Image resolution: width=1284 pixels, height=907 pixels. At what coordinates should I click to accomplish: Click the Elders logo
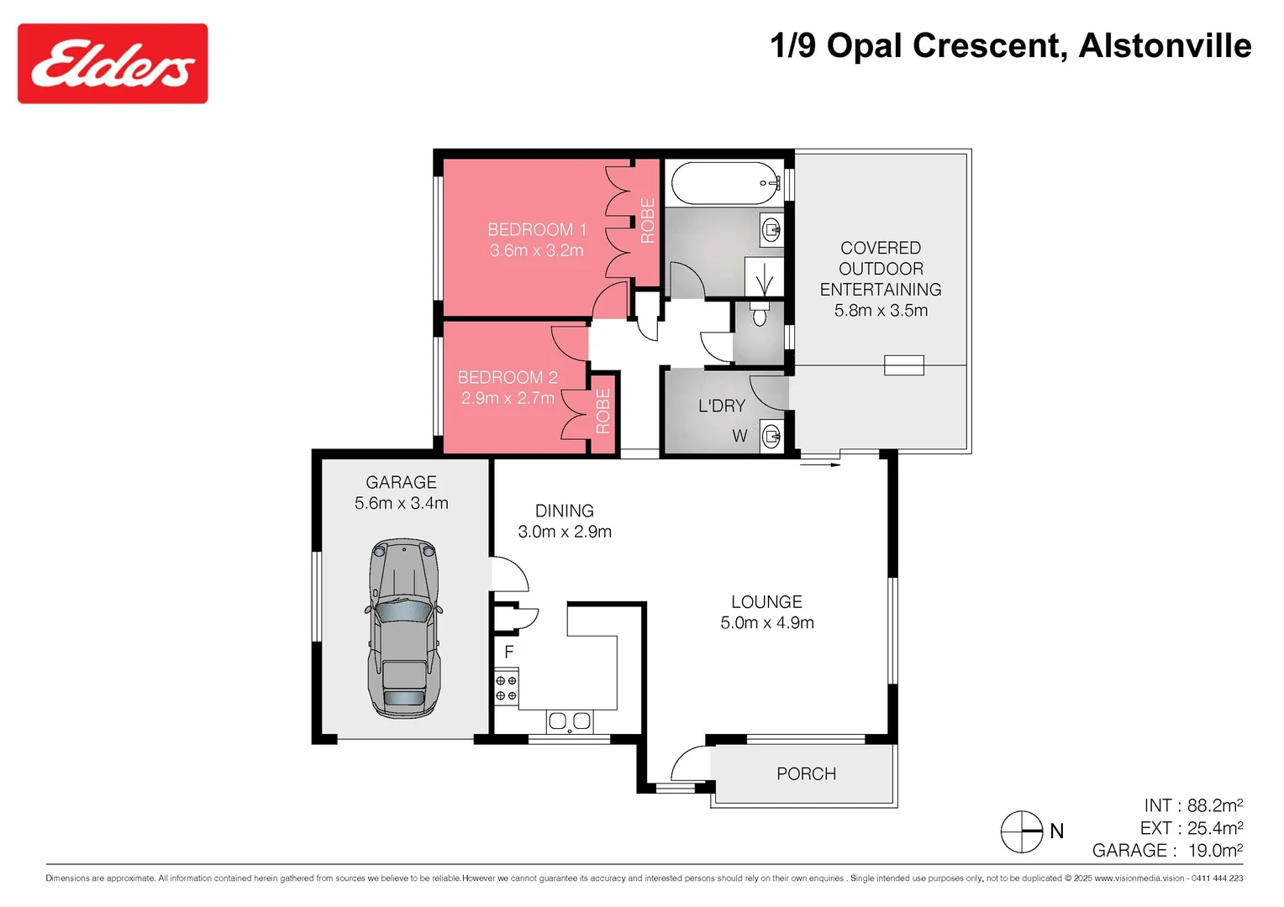pos(113,64)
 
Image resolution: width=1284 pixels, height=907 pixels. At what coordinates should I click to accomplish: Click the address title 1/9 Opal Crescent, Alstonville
pos(1010,45)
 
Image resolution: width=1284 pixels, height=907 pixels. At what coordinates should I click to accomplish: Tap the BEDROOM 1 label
pos(536,229)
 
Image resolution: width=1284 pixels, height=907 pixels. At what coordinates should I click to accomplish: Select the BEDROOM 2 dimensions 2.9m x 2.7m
pos(508,398)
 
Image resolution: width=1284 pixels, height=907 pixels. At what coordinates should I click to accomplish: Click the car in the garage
pos(403,628)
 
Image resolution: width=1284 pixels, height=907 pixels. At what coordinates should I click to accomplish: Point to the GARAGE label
pos(401,482)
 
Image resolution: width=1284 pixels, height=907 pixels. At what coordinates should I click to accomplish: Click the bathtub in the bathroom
pos(726,183)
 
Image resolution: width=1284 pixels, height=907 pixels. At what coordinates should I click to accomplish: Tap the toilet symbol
pos(760,314)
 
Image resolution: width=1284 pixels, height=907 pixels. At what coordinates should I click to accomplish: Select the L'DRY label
pos(722,406)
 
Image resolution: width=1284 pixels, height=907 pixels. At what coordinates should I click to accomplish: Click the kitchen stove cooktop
pos(506,688)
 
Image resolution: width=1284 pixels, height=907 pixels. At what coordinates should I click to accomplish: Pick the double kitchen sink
pos(569,721)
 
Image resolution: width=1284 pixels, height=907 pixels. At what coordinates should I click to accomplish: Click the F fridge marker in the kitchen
pos(508,652)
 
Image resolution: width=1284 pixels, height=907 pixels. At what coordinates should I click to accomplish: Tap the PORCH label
pos(806,773)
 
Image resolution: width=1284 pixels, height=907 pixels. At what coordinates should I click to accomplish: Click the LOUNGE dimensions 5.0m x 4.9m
pos(766,622)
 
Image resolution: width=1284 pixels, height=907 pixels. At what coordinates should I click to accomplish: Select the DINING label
pos(564,511)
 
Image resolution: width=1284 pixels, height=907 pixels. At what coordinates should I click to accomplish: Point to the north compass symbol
pos(1022,831)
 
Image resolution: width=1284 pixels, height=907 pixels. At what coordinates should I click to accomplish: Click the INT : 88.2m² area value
pos(1192,805)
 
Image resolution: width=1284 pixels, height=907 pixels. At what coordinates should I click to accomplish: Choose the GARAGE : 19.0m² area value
pos(1167,850)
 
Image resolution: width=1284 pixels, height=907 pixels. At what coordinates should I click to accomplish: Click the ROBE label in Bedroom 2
pos(603,411)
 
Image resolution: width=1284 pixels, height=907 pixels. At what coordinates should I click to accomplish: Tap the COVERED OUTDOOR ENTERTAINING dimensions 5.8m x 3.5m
pos(881,310)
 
